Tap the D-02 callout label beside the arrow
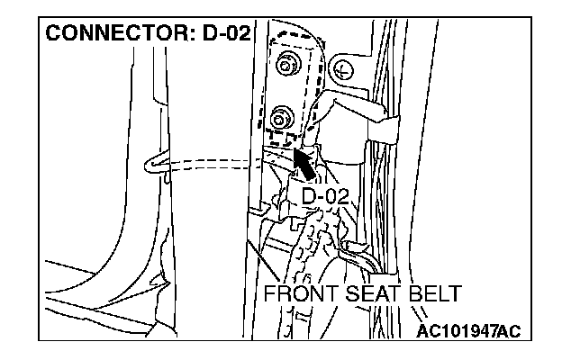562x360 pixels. point(324,195)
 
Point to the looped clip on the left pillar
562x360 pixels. point(154,162)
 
